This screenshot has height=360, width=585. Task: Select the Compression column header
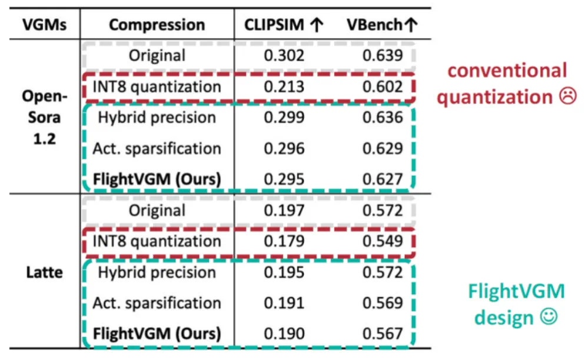[x=157, y=25]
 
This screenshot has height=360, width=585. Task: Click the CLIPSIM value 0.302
[x=284, y=56]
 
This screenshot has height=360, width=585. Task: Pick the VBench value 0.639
[x=383, y=56]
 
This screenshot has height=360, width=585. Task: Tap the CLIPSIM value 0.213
[x=284, y=87]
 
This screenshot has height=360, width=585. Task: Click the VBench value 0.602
[x=383, y=87]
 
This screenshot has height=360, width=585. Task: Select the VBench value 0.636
[x=383, y=118]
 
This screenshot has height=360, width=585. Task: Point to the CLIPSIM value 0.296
[x=284, y=148]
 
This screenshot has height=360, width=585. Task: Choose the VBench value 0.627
[x=383, y=179]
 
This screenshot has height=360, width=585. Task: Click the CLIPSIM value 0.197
[x=284, y=211]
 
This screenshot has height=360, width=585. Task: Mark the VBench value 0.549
[x=383, y=241]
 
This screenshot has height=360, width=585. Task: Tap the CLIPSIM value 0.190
[x=284, y=334]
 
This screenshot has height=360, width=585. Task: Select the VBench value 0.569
[x=383, y=303]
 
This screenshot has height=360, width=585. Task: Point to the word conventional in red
[x=507, y=71]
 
